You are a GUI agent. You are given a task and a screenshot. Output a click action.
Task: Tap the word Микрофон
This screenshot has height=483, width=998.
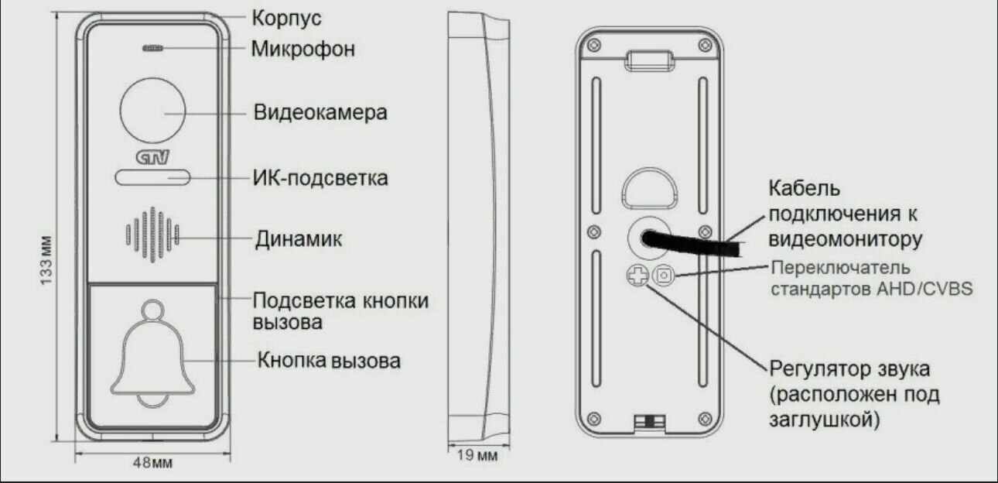[x=303, y=50]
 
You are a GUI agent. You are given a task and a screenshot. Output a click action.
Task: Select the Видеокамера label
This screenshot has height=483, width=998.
[x=320, y=113]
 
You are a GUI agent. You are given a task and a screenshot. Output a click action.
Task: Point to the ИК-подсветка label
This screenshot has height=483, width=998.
[x=320, y=179]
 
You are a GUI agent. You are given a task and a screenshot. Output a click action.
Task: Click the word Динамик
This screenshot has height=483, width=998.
[x=299, y=238]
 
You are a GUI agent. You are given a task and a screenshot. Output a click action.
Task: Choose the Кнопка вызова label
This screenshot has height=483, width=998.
[x=330, y=360]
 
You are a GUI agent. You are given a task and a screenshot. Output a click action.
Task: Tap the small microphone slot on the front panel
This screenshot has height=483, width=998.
[x=153, y=48]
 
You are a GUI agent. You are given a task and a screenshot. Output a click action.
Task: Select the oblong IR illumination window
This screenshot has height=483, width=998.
[x=153, y=178]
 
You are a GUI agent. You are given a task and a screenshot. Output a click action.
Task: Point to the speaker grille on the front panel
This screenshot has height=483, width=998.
[x=153, y=234]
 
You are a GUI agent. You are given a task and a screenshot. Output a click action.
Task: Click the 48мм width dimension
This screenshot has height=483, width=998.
[x=152, y=463]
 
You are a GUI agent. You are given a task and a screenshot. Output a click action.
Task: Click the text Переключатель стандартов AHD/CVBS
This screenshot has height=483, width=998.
[x=870, y=279]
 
